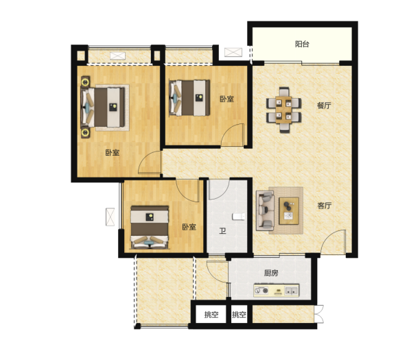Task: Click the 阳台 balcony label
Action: pos(302,44)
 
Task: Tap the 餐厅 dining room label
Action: pos(324,105)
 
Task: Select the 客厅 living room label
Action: pos(325,206)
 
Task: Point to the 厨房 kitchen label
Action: pos(271,273)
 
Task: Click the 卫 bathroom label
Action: pos(222,230)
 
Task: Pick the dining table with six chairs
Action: pos(284,110)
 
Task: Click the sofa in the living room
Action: pos(265,211)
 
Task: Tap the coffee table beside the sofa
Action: pos(289,211)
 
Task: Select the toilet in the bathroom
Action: pos(238,216)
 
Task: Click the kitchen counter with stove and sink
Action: pos(276,291)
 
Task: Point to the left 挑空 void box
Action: pos(211,315)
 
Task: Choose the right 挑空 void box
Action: pos(239,315)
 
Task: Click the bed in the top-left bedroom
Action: pos(103,108)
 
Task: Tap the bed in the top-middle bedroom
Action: pos(189,98)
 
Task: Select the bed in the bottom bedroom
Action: pos(150,227)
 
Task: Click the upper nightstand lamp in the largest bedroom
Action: pos(85,82)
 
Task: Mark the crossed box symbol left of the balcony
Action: pos(233,52)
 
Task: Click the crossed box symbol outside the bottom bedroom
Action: pos(110,217)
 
